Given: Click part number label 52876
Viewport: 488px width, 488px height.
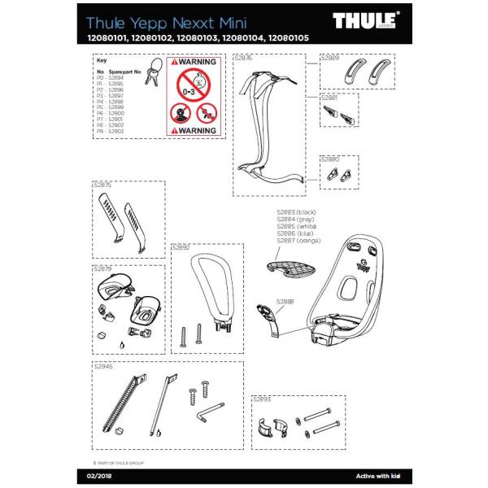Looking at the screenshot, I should (x=243, y=59).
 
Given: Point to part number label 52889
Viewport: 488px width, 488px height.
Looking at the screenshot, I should (x=330, y=59).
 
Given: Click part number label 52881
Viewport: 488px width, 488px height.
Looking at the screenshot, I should (x=330, y=98).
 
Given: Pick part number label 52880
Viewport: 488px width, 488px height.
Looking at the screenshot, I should (x=329, y=159).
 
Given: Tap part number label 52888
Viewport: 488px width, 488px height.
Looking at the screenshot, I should (x=285, y=302).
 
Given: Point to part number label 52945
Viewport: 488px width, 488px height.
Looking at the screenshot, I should (x=104, y=367).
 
